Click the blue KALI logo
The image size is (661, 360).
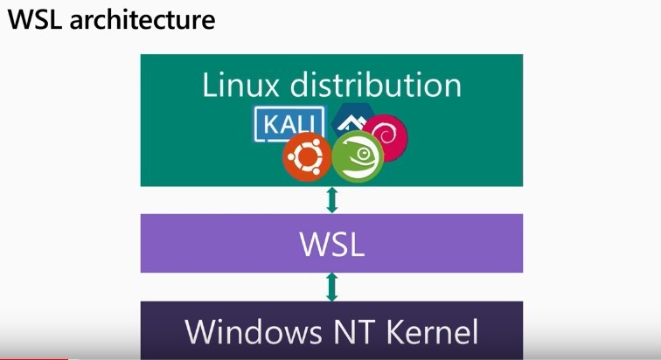pos(289,124)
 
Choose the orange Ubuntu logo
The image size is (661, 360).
pos(306,159)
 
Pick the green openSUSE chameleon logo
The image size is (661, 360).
pos(358,157)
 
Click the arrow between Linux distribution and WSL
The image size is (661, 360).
pos(331,200)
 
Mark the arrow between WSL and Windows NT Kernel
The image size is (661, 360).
pos(331,287)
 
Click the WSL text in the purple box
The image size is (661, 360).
pos(331,245)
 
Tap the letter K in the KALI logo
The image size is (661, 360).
pos(268,124)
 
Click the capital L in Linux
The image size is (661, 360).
pos(210,86)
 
